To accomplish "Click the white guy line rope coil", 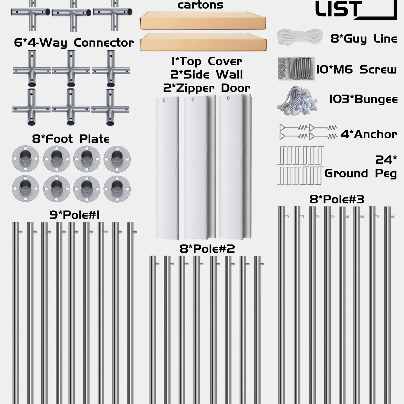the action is point(300,37).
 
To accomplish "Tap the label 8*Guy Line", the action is point(364,39).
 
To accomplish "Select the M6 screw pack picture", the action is point(296,68).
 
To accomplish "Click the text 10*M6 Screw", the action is point(356,69).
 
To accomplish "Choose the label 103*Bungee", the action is point(363,99).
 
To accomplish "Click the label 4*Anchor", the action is point(369,134).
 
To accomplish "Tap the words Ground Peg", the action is point(361,174).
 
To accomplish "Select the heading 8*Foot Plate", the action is point(71,139).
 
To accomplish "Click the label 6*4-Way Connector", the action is point(74,43).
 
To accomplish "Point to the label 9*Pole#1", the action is point(75,215).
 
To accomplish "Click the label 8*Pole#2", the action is point(207,249).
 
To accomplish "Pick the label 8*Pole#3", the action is point(337,200).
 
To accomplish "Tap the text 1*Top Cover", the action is point(207,62).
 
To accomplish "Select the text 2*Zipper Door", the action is point(207,88).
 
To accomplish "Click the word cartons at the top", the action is point(200,5).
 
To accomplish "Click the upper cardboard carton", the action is point(203,20).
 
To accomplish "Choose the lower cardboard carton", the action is point(203,42).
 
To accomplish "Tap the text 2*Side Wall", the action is point(207,75).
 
